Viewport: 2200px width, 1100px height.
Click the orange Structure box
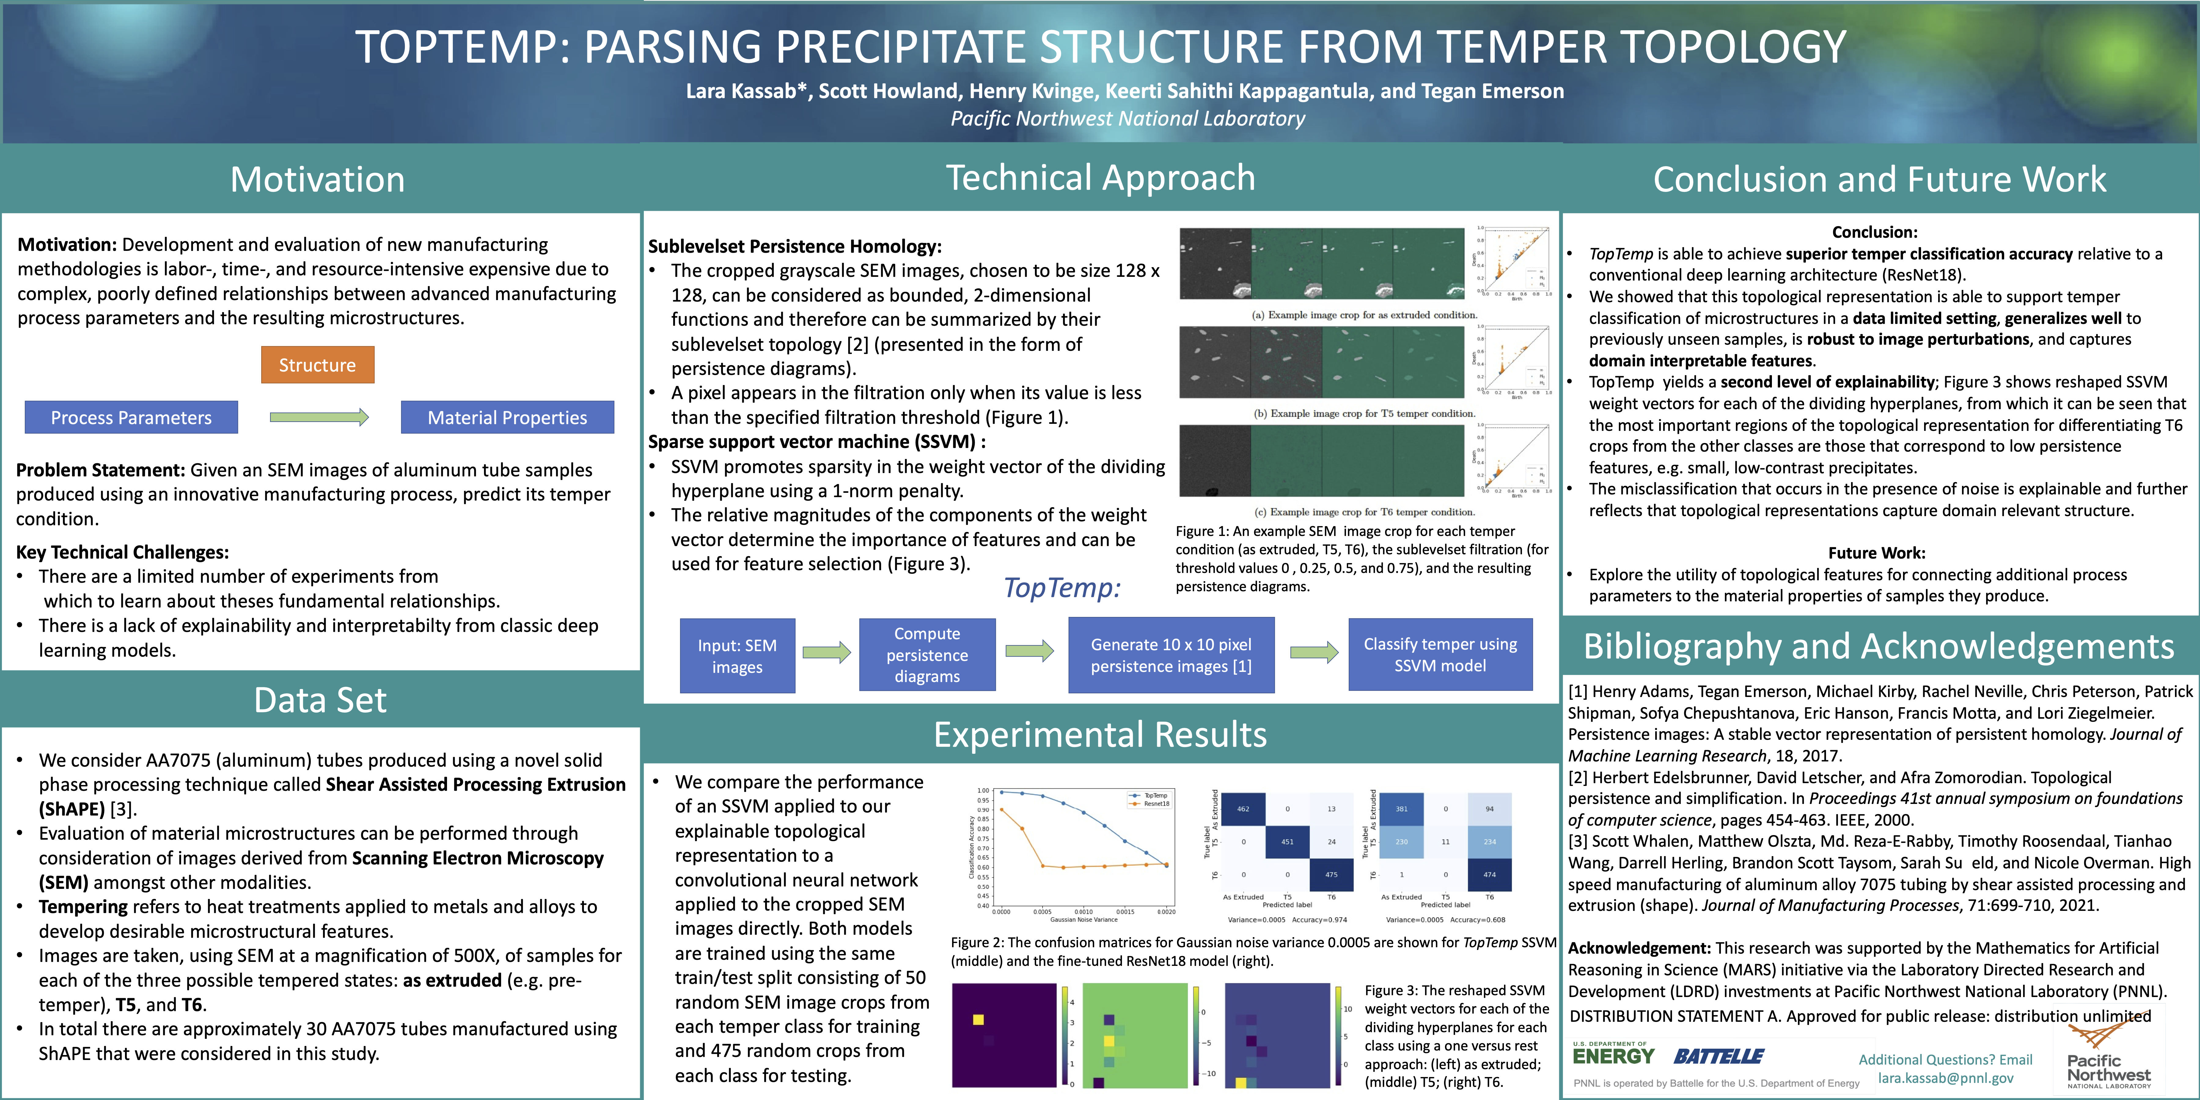[317, 365]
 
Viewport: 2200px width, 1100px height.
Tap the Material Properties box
[507, 418]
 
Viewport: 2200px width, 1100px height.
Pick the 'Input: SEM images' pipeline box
[737, 656]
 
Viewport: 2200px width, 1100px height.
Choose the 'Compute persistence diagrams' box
[927, 655]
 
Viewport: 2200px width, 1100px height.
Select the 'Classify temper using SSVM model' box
[1440, 655]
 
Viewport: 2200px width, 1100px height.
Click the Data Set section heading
[320, 700]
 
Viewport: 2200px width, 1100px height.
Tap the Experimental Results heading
[1100, 735]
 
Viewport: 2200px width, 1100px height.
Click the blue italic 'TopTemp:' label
[1061, 588]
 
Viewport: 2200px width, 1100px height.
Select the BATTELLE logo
[1718, 1056]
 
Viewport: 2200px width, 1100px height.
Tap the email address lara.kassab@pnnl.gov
[1945, 1078]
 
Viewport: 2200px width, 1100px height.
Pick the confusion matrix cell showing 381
[1402, 809]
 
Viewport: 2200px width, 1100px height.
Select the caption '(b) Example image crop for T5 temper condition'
[1364, 413]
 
